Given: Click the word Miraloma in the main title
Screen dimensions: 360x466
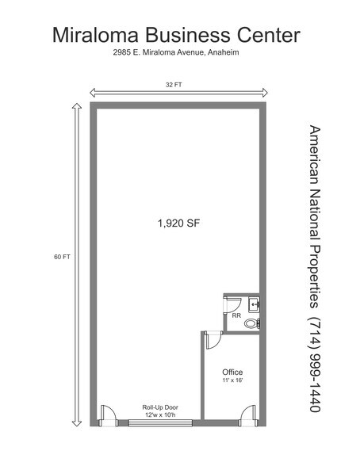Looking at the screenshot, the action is click(95, 35).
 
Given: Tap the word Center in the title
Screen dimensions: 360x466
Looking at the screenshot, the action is click(269, 35).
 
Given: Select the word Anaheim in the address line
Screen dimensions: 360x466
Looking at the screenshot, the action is click(224, 52).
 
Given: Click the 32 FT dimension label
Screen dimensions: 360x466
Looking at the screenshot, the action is click(174, 85).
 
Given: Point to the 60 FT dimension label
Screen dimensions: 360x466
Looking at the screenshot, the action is click(62, 257).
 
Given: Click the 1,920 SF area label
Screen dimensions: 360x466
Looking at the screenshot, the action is click(178, 223).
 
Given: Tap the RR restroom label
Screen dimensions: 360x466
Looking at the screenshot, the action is click(236, 315).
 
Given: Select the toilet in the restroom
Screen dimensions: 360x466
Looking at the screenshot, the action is click(252, 323).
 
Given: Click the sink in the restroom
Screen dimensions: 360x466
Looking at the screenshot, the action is click(255, 304).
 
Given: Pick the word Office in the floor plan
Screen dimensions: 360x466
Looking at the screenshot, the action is click(232, 372).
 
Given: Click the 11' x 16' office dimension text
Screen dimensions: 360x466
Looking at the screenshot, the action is click(232, 380).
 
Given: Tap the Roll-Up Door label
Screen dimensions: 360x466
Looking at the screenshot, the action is click(160, 407).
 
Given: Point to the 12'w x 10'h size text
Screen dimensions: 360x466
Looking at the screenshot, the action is click(160, 415).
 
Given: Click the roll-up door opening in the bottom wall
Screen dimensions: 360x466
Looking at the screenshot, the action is click(160, 423).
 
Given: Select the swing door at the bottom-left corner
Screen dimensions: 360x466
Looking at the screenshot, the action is click(108, 415).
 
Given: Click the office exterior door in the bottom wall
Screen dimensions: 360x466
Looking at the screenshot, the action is click(248, 415).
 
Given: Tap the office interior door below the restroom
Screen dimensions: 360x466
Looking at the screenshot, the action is click(214, 340).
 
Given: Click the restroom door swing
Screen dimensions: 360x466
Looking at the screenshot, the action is click(232, 304).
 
